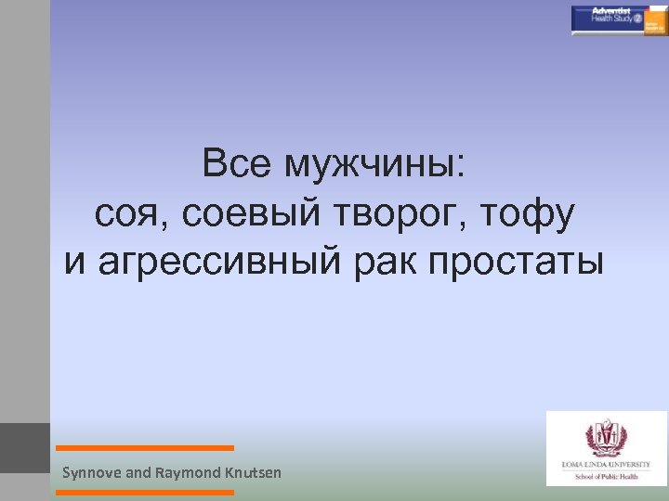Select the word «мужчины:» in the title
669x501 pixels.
point(376,167)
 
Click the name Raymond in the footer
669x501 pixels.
point(187,473)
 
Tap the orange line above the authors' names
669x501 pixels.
point(145,448)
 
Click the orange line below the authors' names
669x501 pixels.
point(145,493)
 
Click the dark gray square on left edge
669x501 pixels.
point(25,447)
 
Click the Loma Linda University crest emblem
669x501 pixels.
point(606,436)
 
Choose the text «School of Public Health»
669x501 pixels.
point(606,474)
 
